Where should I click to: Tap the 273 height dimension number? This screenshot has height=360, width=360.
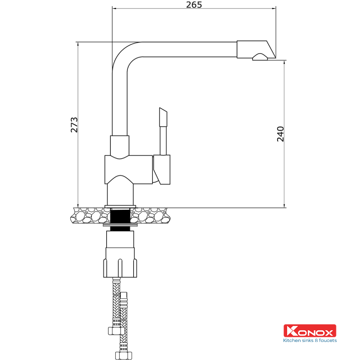74,125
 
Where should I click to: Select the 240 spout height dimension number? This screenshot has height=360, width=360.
280,134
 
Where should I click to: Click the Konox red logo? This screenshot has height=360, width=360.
309,331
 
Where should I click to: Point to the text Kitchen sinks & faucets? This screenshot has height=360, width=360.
309,341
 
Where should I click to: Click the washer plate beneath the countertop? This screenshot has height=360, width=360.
120,225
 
